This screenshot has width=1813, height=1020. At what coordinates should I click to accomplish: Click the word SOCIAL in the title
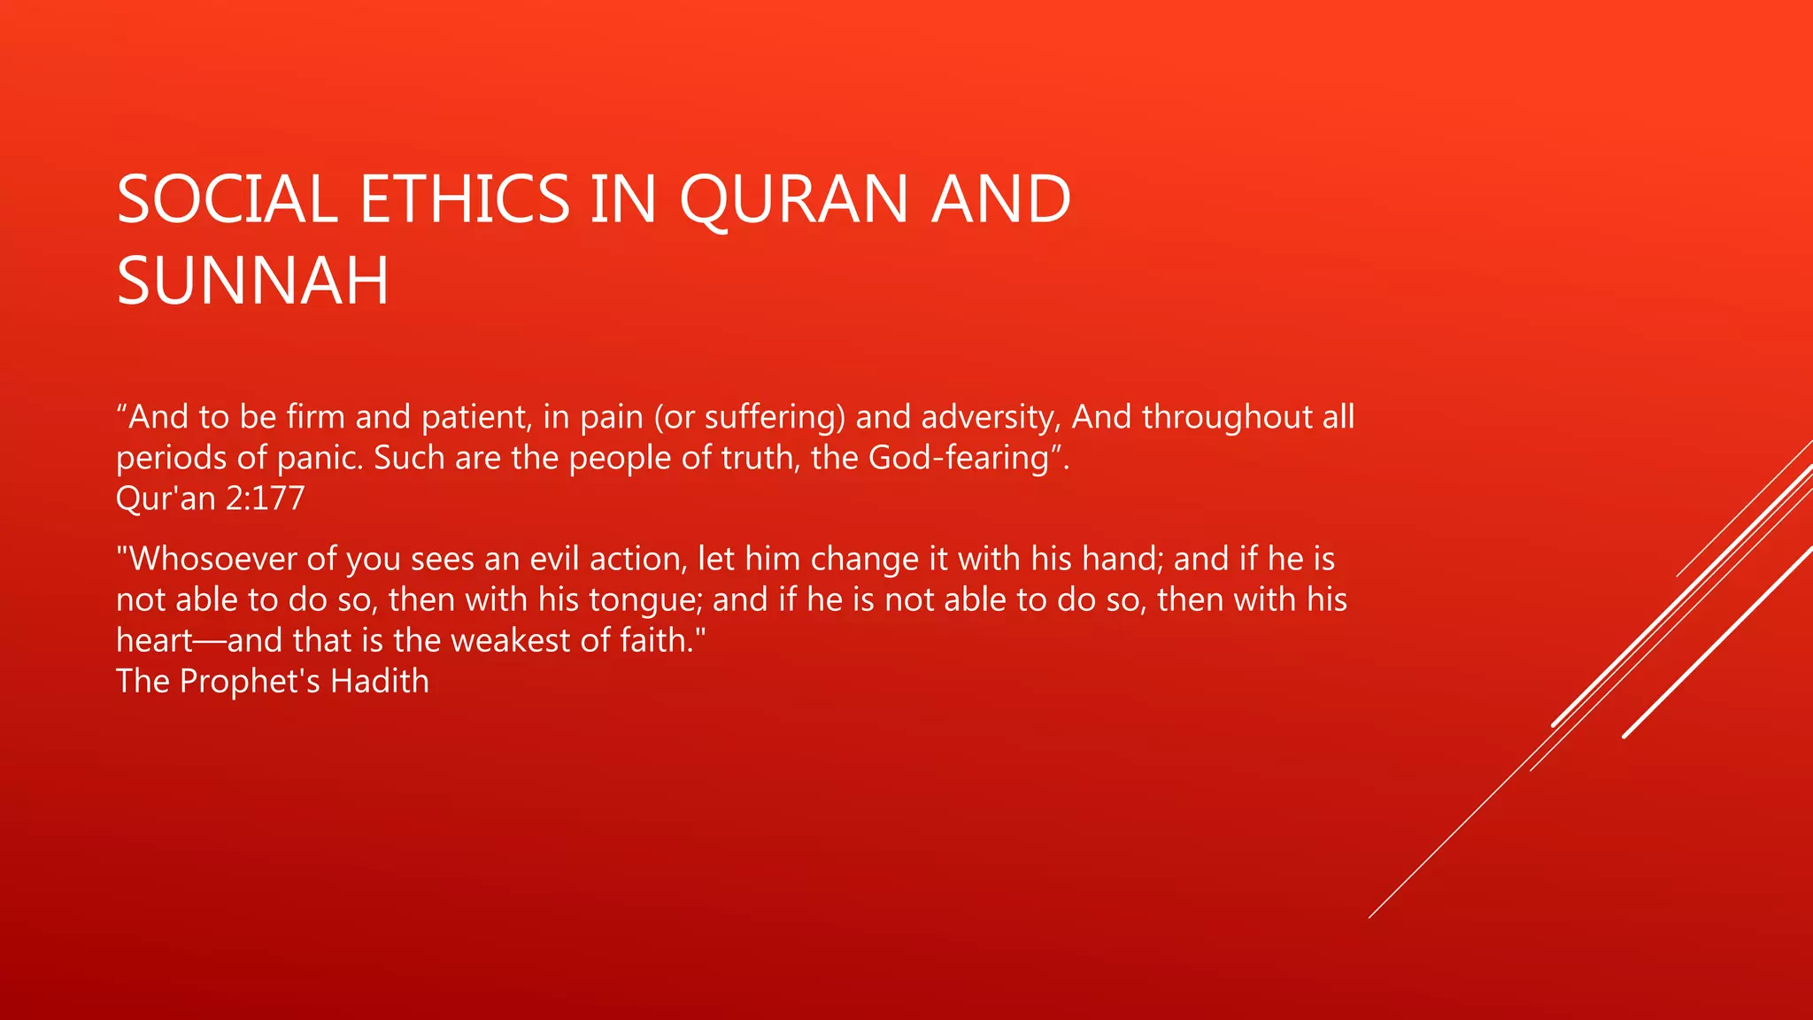227,198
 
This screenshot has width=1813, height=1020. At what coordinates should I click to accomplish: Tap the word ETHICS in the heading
465,198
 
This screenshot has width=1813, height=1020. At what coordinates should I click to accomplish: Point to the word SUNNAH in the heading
252,281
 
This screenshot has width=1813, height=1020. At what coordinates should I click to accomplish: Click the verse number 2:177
265,498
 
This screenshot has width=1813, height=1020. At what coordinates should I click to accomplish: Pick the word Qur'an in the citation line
166,498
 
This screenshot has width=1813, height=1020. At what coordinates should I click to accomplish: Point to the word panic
320,458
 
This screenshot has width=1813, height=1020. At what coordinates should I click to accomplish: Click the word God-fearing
959,458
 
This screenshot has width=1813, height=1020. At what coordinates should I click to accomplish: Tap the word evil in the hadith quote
554,559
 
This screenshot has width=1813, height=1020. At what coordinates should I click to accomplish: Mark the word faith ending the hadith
656,640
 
